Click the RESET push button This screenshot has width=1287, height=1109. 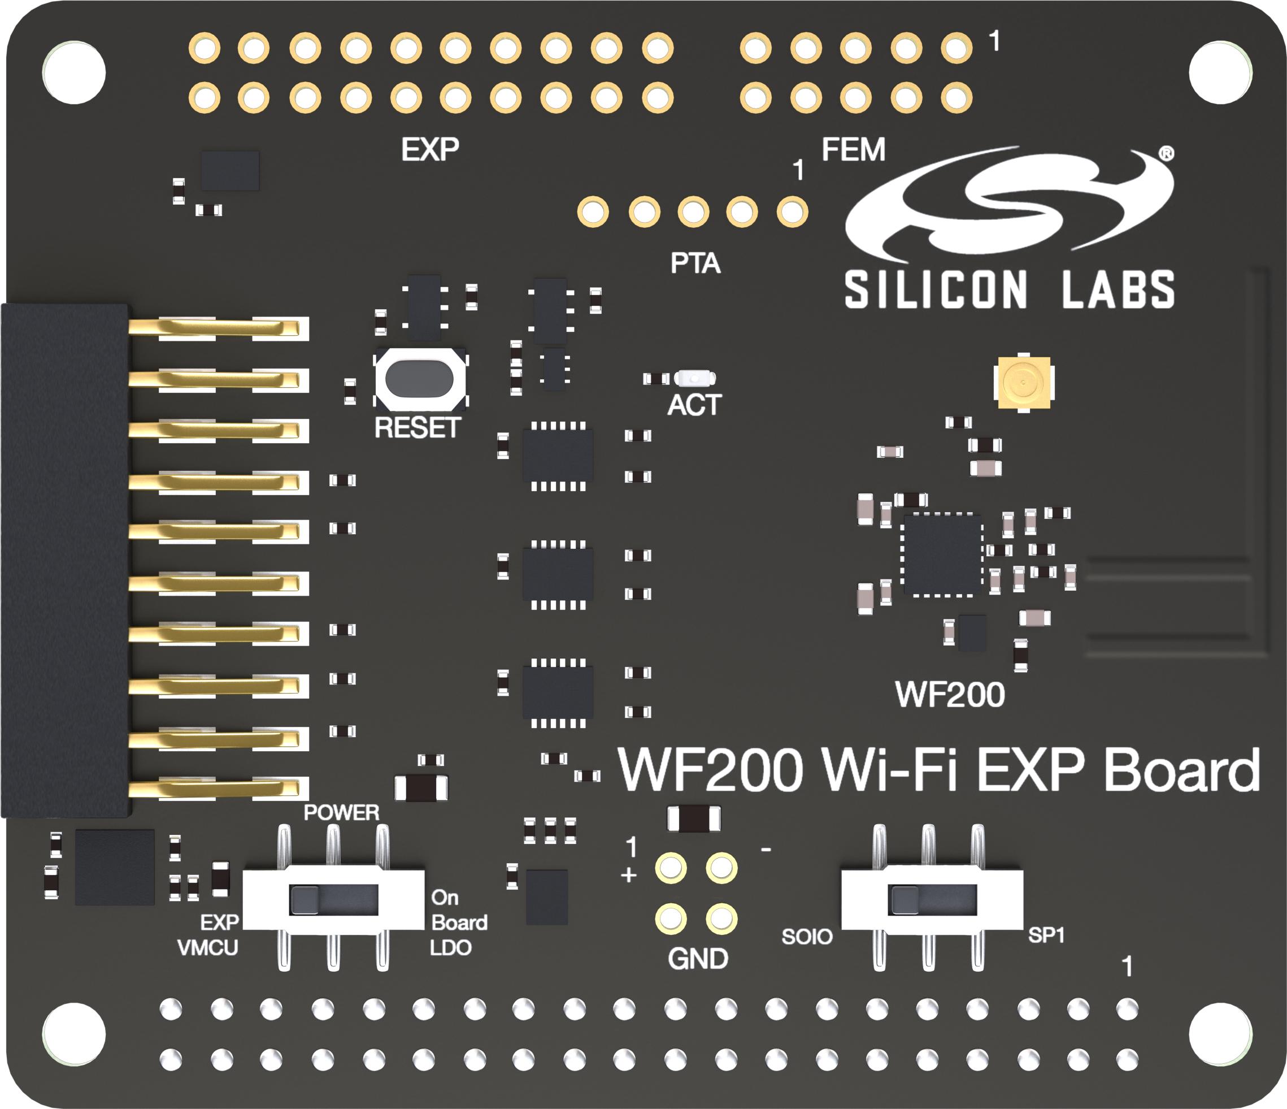(x=419, y=378)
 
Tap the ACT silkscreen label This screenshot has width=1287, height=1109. (x=694, y=405)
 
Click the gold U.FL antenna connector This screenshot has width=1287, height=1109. (x=1023, y=382)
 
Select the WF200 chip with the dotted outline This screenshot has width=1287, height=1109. (x=942, y=554)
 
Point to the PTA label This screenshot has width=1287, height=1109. (x=695, y=263)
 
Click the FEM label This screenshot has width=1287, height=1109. (x=853, y=150)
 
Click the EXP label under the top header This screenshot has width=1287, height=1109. (x=430, y=150)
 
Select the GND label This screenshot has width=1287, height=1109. (x=698, y=959)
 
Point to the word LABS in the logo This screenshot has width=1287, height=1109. (x=1118, y=289)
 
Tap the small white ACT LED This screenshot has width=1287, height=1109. (x=694, y=377)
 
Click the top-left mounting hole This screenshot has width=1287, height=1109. (x=74, y=73)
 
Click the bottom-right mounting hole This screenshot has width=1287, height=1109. (x=1219, y=1034)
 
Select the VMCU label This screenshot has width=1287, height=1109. (x=207, y=948)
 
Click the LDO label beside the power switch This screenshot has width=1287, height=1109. (x=450, y=948)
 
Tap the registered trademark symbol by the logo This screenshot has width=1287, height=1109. (x=1167, y=153)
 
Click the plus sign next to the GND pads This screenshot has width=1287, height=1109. (x=629, y=876)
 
